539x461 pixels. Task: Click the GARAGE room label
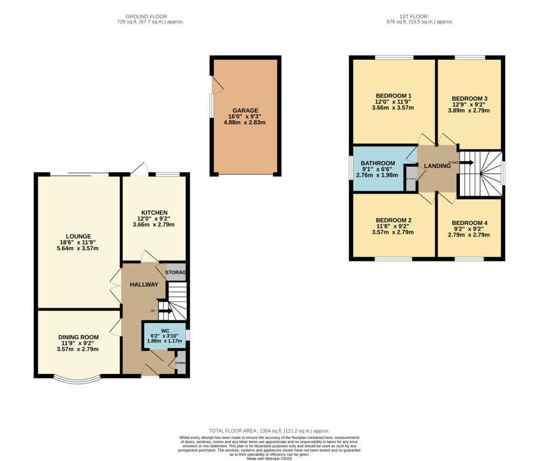[245, 110]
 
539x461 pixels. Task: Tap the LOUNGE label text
[78, 236]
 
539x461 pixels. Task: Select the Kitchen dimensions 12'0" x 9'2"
[154, 219]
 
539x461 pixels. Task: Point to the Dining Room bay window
[77, 379]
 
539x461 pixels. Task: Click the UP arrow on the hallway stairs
[165, 310]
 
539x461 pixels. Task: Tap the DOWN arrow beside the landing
[466, 162]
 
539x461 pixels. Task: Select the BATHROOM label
[377, 163]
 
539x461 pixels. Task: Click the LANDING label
[437, 166]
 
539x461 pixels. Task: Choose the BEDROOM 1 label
[393, 95]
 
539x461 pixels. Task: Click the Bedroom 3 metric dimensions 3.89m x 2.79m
[469, 111]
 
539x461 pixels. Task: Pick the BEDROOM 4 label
[470, 223]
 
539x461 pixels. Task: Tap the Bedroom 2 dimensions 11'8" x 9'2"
[393, 226]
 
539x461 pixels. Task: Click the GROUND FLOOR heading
[150, 16]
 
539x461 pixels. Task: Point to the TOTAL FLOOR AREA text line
[269, 430]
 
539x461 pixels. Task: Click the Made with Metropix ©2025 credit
[269, 458]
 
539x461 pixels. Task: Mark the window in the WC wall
[188, 335]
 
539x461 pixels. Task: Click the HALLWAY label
[144, 285]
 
